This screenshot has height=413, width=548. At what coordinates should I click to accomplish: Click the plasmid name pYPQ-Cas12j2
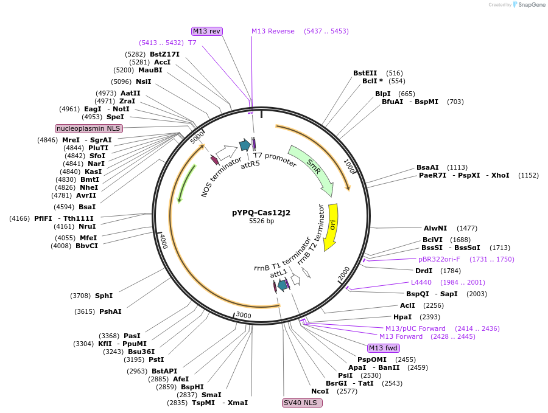click(261, 212)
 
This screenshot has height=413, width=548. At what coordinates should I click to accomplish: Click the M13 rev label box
click(207, 31)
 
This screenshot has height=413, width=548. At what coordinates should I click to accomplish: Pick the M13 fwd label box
click(384, 348)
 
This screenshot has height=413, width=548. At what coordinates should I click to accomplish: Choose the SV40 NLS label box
click(302, 403)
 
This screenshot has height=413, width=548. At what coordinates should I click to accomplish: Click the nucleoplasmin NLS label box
click(89, 128)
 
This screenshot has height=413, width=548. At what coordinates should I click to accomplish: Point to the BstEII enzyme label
click(365, 73)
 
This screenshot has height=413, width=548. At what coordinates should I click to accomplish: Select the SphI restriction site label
click(104, 296)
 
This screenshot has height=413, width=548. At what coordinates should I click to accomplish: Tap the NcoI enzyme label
click(320, 391)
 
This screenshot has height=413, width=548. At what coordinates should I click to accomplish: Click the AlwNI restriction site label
click(435, 228)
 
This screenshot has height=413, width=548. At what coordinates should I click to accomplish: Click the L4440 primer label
click(421, 282)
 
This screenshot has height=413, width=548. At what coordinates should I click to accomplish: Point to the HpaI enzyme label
click(402, 317)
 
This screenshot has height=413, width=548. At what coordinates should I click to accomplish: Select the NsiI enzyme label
click(144, 82)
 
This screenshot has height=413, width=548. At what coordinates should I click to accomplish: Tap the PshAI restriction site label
click(110, 311)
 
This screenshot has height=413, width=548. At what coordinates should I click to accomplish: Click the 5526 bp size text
click(261, 221)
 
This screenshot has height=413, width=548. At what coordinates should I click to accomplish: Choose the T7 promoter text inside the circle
click(275, 159)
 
